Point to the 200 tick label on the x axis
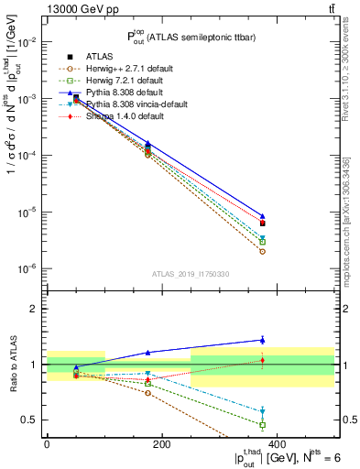(161, 443)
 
